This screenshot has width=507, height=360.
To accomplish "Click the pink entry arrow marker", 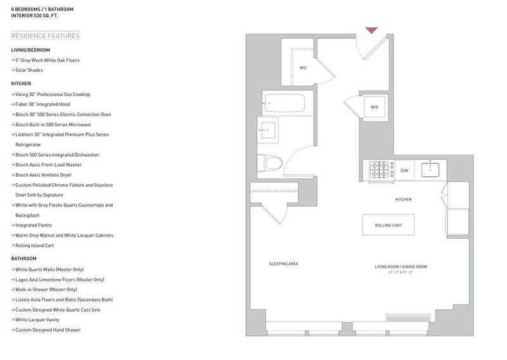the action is (x=371, y=30).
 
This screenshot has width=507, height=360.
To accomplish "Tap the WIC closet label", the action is (x=303, y=68).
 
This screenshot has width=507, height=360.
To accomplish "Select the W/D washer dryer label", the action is (x=374, y=107).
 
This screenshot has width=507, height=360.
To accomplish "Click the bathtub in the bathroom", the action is (x=285, y=103).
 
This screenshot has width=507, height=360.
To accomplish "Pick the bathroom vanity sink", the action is (x=268, y=130).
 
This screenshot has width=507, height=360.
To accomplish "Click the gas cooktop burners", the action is (x=379, y=170).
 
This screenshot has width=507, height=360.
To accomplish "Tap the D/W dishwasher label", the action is (x=404, y=170).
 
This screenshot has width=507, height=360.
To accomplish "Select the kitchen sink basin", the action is (x=430, y=170).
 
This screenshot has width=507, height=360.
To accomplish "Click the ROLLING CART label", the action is (x=388, y=225).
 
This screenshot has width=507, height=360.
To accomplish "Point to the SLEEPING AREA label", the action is (x=283, y=264).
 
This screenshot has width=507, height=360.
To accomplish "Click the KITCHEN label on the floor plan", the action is (x=403, y=200).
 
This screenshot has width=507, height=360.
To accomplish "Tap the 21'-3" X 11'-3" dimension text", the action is (x=401, y=273).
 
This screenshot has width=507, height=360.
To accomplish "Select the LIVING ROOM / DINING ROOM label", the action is (x=401, y=267).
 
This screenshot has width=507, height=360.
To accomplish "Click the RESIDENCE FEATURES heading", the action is (x=45, y=36).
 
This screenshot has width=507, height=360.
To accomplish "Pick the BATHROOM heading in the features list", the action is (x=23, y=259).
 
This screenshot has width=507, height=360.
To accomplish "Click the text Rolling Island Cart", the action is (x=35, y=245).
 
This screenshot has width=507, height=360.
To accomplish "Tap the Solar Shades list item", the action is (x=29, y=70).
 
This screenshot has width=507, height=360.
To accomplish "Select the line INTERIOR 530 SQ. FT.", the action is (x=35, y=15).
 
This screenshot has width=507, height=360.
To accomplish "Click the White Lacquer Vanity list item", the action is (x=37, y=320).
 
